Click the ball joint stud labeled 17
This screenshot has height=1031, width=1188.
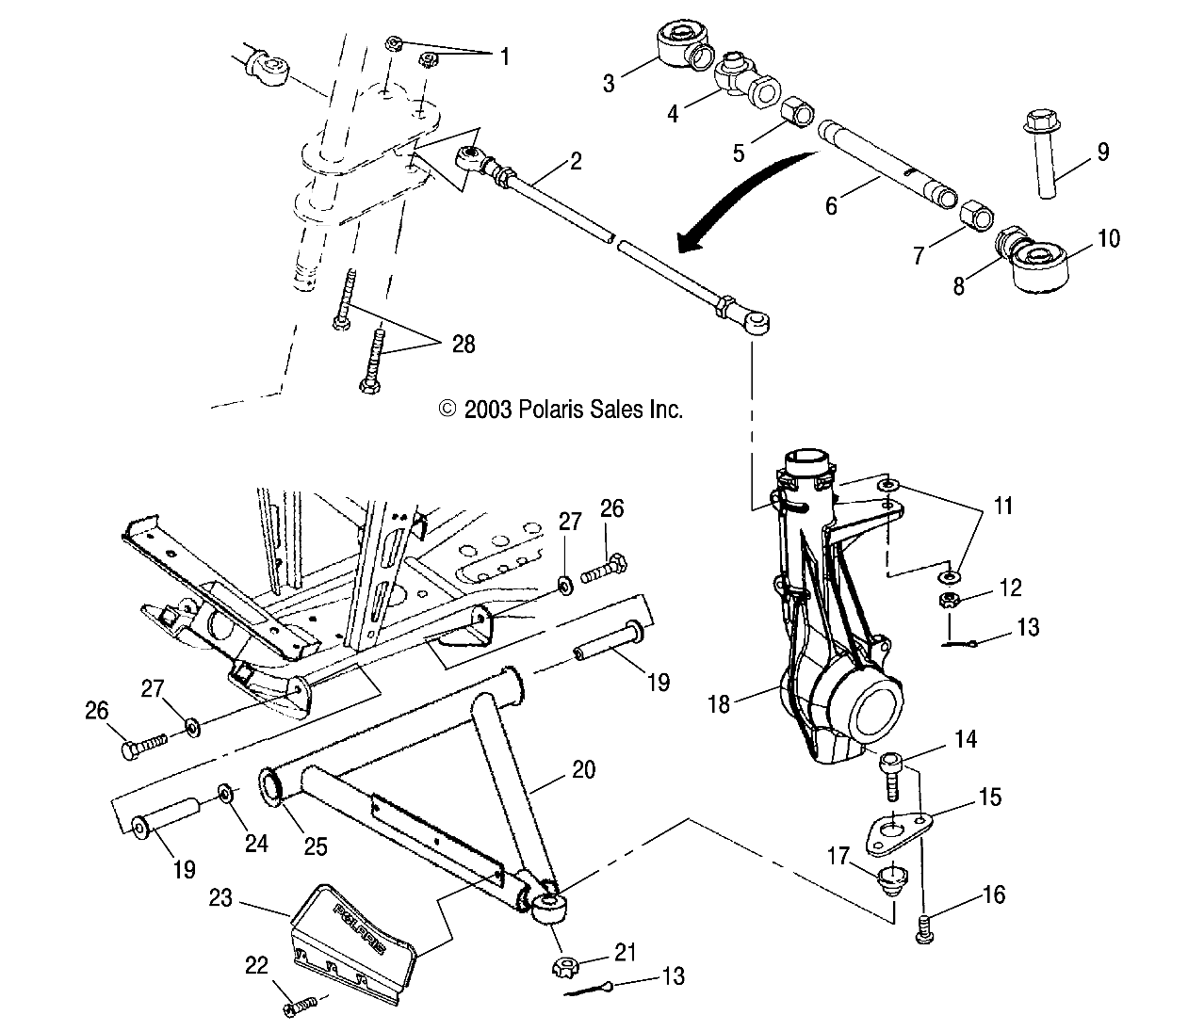coord(889,881)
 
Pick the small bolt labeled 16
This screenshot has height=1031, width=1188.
coord(924,926)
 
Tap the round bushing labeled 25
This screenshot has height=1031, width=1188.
coord(273,786)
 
